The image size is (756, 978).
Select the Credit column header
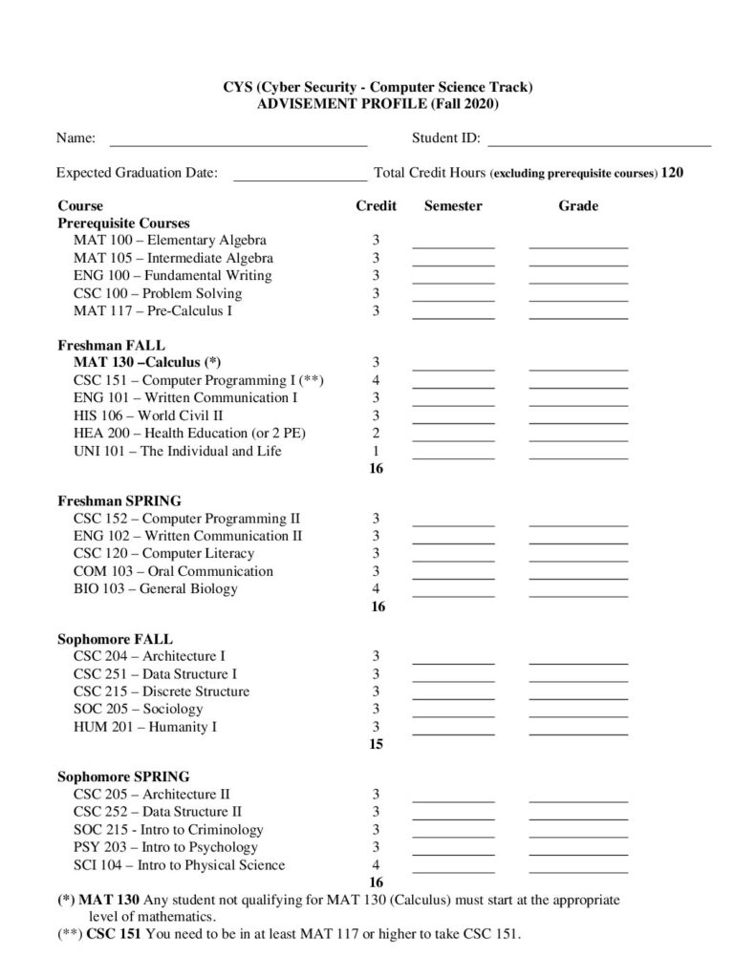coord(376,205)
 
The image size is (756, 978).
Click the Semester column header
coord(453,205)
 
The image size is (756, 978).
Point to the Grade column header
coord(578,205)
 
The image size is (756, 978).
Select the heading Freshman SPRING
coord(119,500)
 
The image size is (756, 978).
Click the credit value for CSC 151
coord(377,380)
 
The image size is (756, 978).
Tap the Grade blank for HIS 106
coord(578,417)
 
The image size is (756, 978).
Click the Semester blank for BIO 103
coord(453,591)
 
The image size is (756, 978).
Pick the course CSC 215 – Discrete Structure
coord(161,691)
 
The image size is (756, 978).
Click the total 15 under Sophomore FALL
coord(377,744)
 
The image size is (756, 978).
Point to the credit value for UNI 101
coord(377,451)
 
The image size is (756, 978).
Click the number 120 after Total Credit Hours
coord(672,173)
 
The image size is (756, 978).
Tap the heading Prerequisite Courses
coord(123,223)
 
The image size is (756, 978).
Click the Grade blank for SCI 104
coord(578,868)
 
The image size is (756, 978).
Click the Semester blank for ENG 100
coord(453,279)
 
